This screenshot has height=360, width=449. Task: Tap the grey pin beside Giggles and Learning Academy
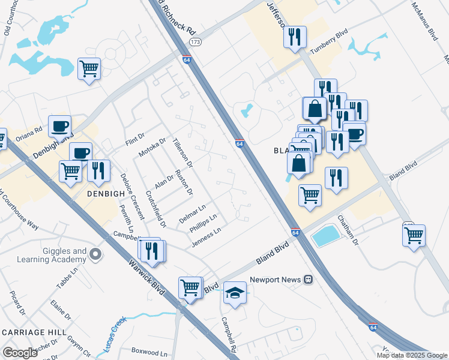coord(95,256)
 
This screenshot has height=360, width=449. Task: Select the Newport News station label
coord(273,279)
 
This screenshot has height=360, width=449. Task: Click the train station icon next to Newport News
coord(307,279)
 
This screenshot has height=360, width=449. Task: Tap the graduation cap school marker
coord(235,293)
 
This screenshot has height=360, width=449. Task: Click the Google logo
coord(20,353)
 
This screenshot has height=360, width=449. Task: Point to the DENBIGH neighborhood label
coord(96,194)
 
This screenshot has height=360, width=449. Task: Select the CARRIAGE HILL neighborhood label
coord(34,332)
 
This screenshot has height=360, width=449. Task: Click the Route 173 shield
coord(194,42)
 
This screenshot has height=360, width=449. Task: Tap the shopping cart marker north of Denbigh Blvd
coord(89,69)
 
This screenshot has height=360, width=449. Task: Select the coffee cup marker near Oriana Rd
coord(59,126)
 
